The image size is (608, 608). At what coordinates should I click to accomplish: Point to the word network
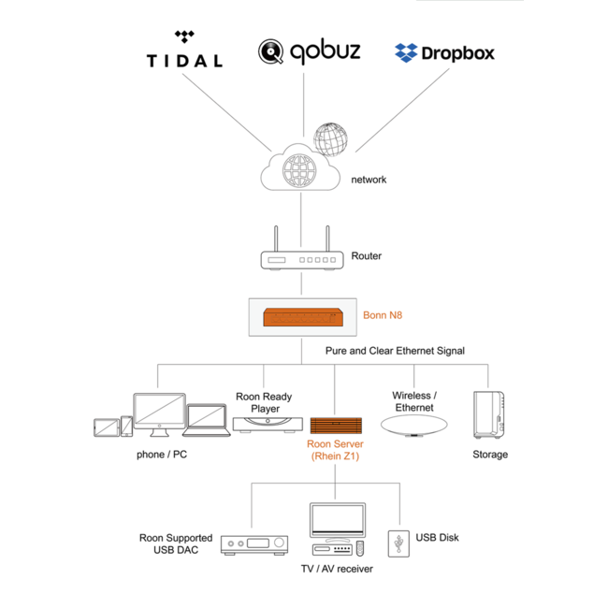pyautogui.click(x=369, y=180)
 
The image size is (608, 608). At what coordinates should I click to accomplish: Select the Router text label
pyautogui.click(x=366, y=255)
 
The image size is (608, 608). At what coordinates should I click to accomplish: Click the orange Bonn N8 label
pyautogui.click(x=383, y=315)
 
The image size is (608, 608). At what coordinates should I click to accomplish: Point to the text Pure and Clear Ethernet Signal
pyautogui.click(x=395, y=351)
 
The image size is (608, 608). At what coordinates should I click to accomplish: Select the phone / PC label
pyautogui.click(x=163, y=456)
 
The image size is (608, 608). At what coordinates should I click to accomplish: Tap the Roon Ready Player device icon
pyautogui.click(x=263, y=424)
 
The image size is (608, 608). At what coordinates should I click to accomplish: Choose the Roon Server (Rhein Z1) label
pyautogui.click(x=335, y=450)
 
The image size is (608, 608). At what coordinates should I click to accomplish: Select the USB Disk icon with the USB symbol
pyautogui.click(x=399, y=543)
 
